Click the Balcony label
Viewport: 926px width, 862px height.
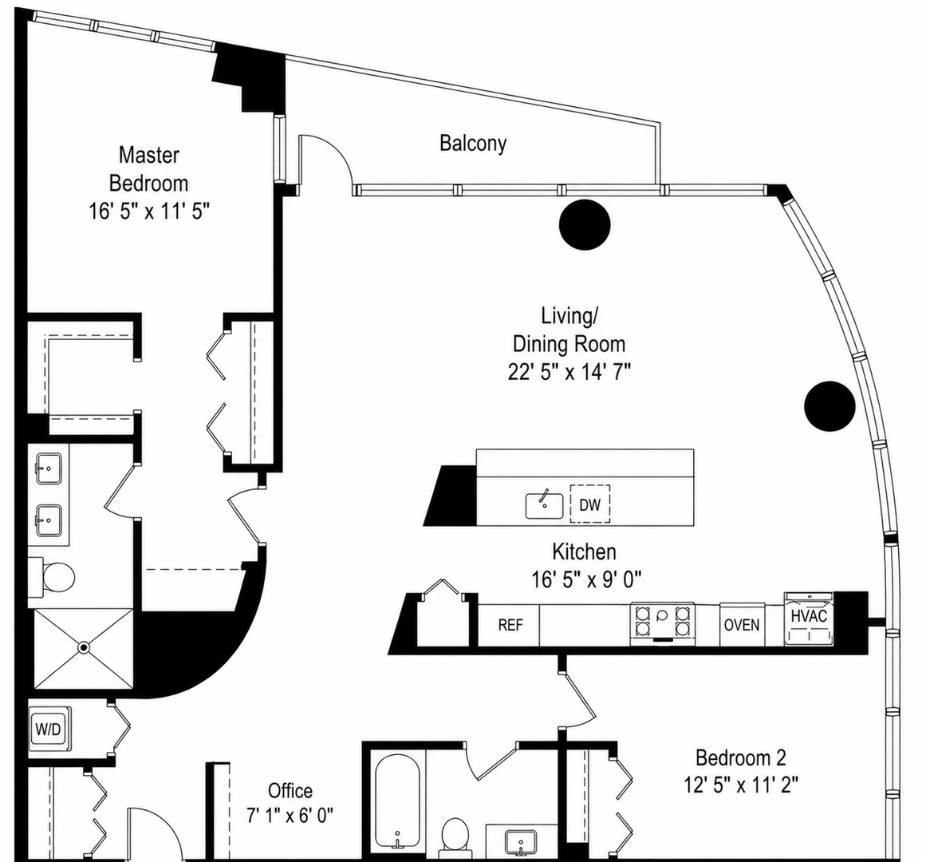[473, 144]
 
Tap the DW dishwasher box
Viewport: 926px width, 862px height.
[590, 504]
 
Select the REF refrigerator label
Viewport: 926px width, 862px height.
[510, 625]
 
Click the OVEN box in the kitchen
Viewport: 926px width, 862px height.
[742, 624]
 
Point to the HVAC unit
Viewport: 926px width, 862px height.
[809, 618]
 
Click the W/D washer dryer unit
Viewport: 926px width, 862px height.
[49, 729]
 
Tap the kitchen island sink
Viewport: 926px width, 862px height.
[545, 506]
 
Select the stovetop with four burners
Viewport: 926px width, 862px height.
[662, 622]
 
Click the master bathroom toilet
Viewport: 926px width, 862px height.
[53, 575]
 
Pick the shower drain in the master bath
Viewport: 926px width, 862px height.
[84, 648]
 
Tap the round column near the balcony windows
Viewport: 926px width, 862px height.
[585, 224]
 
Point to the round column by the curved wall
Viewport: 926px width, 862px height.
[829, 405]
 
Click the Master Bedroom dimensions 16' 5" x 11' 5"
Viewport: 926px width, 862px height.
[149, 211]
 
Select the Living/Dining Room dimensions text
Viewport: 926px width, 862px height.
[569, 372]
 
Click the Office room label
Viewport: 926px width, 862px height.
[290, 790]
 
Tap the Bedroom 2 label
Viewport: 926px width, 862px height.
[741, 757]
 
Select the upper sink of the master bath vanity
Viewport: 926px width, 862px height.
[49, 469]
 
